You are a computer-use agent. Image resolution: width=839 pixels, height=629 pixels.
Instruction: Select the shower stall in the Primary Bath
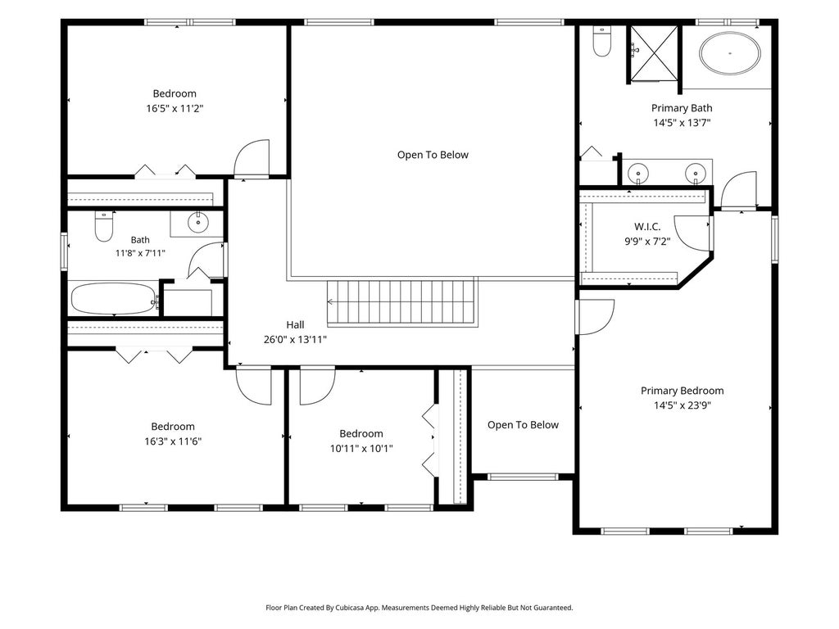coord(653,53)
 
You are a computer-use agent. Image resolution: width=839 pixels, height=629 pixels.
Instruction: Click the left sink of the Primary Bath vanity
coord(637,174)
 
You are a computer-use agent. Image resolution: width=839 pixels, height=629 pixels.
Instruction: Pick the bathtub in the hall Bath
coord(113,299)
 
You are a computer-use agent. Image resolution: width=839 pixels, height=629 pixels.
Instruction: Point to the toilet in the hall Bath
coord(104,227)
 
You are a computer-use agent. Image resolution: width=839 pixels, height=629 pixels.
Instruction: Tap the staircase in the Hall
coord(402,302)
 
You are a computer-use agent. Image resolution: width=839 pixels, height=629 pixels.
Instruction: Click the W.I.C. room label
coord(647,227)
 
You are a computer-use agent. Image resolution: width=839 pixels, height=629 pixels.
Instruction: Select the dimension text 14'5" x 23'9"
coord(683,405)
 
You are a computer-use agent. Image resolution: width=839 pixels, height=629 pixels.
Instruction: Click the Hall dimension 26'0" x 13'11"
coord(295,339)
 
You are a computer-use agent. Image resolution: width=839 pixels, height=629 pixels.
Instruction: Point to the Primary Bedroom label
coord(683,391)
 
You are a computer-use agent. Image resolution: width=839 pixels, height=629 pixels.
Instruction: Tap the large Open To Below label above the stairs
coord(433,155)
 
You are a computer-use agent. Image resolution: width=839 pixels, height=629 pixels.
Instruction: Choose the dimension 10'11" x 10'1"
coord(361,448)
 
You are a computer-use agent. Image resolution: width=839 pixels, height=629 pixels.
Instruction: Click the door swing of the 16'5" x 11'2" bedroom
coord(252,158)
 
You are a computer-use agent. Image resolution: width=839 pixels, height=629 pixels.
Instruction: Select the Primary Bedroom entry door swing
coord(595,317)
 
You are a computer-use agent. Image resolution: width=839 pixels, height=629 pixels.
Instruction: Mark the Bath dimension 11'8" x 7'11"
coord(140,252)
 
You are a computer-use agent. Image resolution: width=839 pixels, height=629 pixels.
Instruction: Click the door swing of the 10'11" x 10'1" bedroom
coord(317,387)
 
